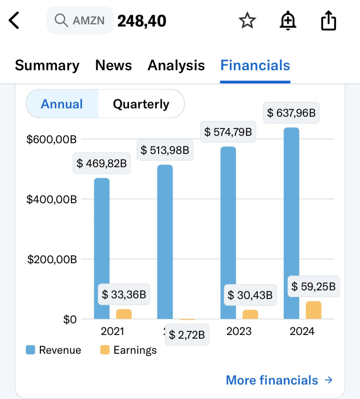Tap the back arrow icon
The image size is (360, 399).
(x=14, y=20)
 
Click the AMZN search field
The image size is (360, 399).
(x=80, y=20)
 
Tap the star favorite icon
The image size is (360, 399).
(x=247, y=20)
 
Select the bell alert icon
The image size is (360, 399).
(x=288, y=20)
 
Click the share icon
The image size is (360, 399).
(x=328, y=20)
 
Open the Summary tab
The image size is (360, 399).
(x=47, y=66)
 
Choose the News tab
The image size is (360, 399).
(x=113, y=66)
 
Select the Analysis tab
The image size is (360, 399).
(x=176, y=66)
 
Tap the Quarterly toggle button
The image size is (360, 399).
(x=141, y=104)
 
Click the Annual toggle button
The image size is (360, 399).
(x=62, y=104)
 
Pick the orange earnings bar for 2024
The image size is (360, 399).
(x=314, y=310)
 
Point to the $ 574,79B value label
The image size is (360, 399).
(x=228, y=132)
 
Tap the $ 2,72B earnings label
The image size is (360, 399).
(x=187, y=335)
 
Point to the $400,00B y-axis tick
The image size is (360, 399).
(x=52, y=199)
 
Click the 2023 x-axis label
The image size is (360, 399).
(x=239, y=331)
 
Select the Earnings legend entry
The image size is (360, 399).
(x=129, y=350)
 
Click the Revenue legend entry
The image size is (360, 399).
(x=53, y=350)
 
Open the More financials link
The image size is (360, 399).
(x=279, y=380)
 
